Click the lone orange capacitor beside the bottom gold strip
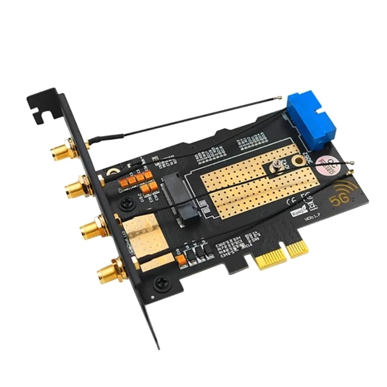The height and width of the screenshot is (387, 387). pyautogui.click(x=182, y=260)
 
